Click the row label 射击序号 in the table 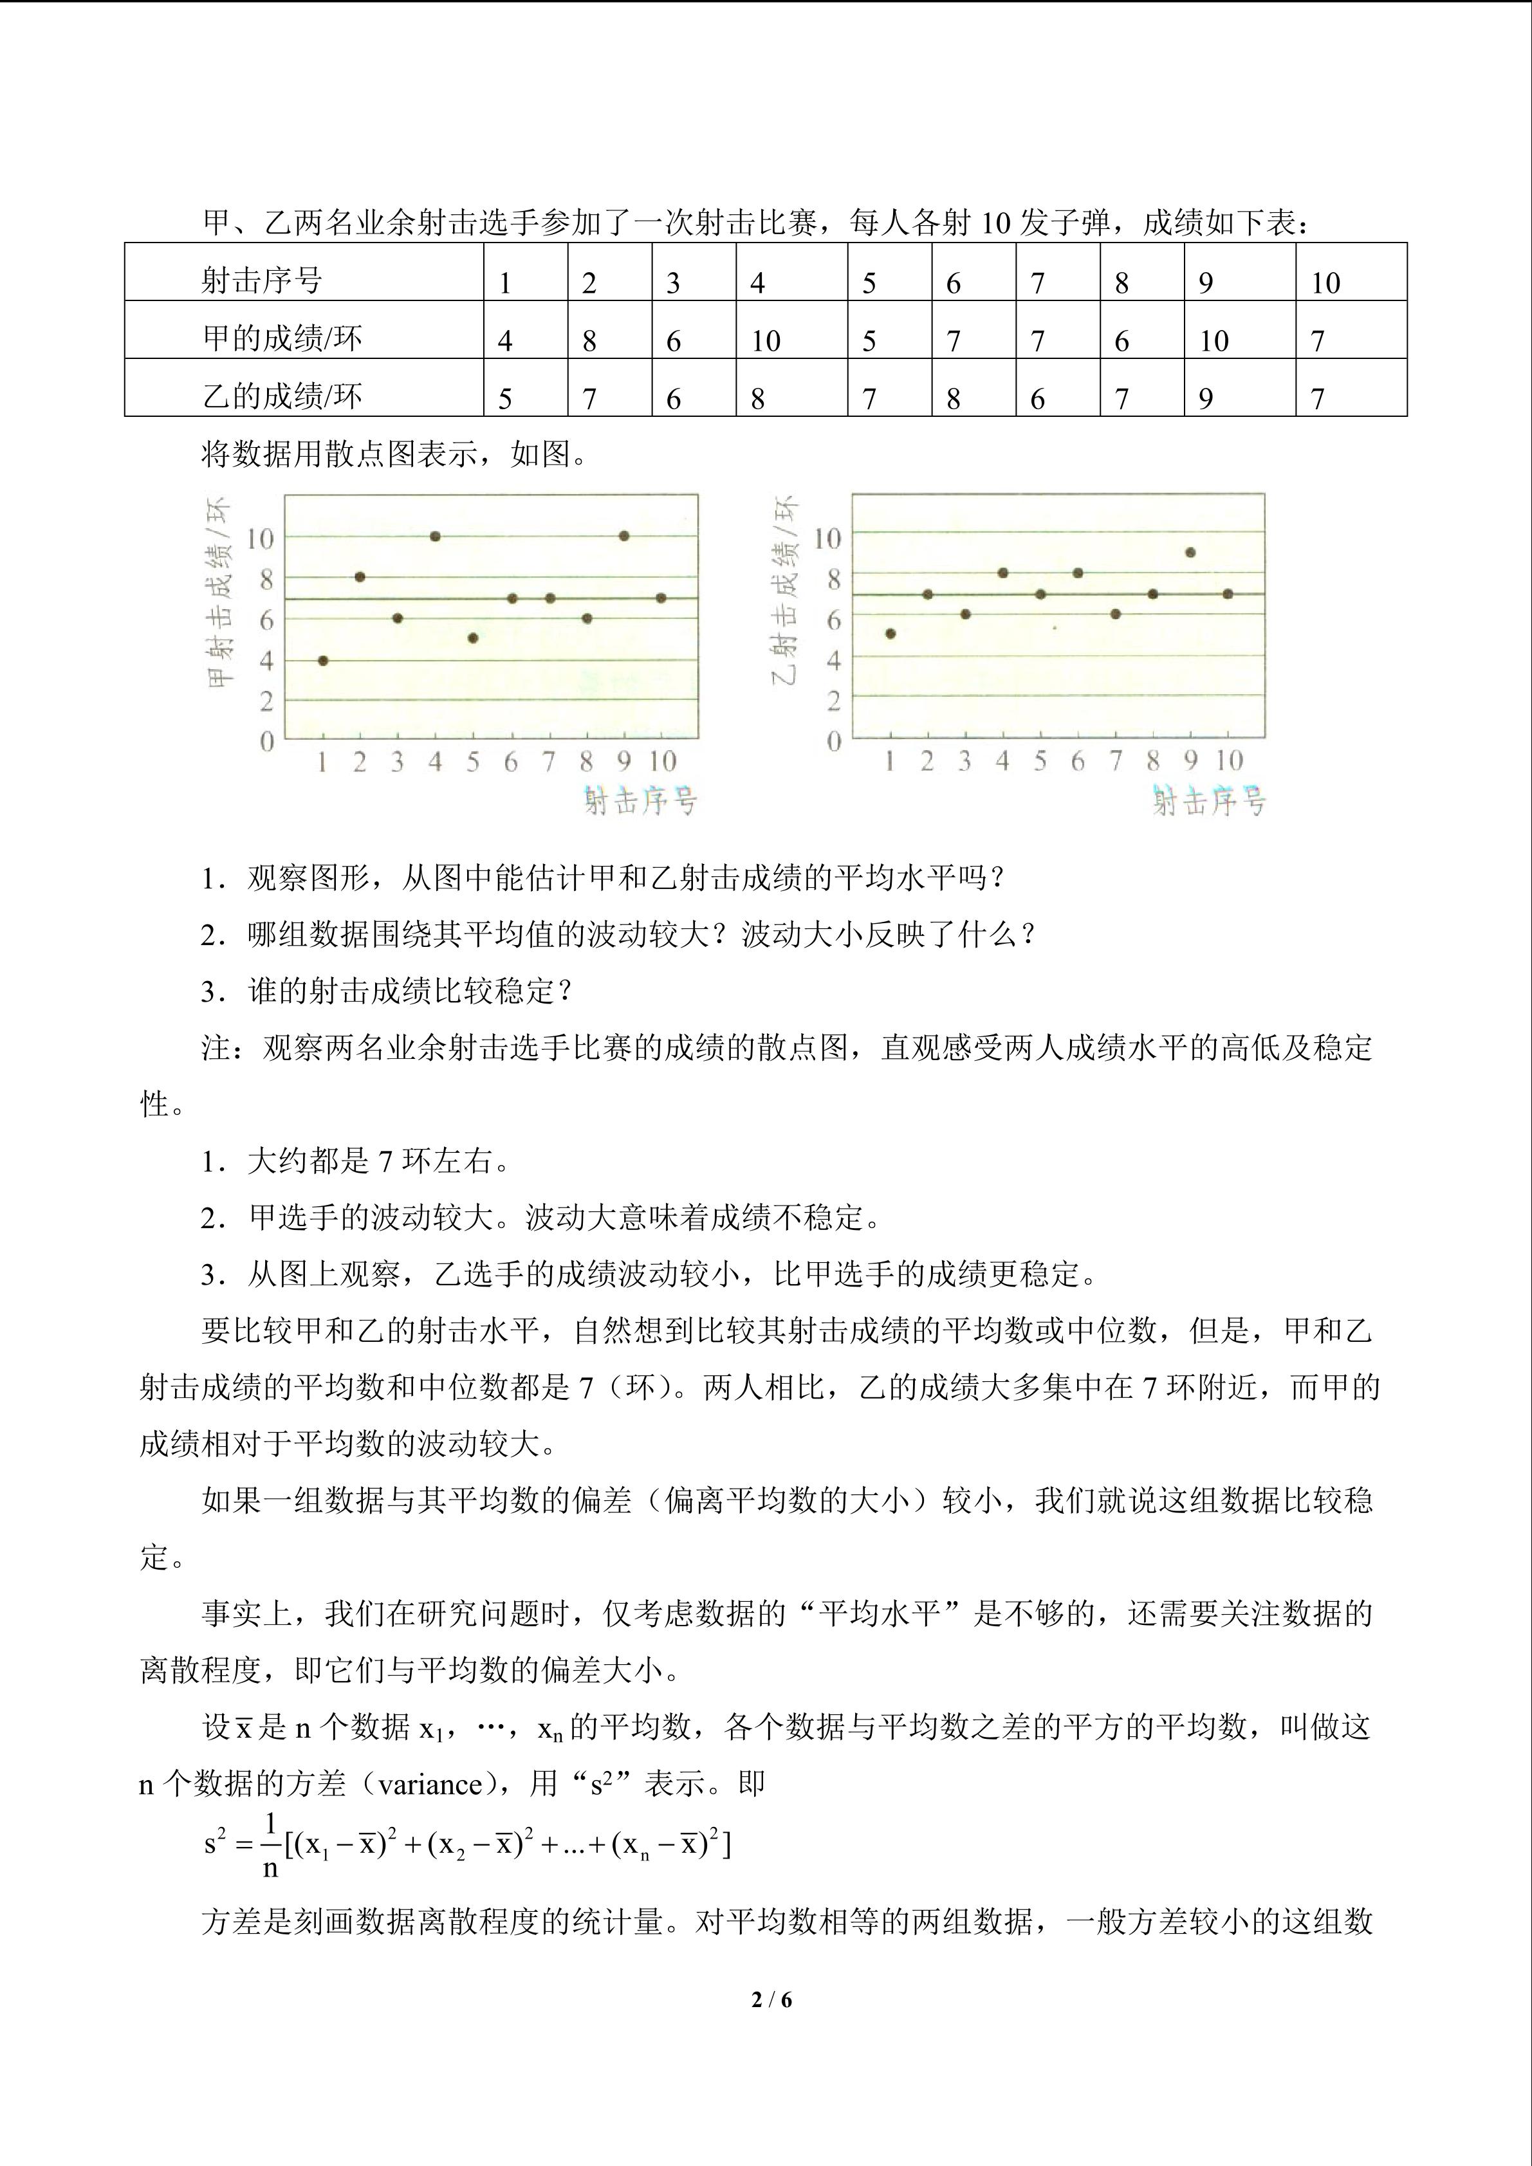[x=261, y=280]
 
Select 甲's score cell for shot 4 [x=766, y=340]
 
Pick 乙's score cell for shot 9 [x=1206, y=399]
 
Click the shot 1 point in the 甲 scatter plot [x=322, y=661]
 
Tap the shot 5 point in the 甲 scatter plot [x=473, y=638]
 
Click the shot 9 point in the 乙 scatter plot [x=1190, y=553]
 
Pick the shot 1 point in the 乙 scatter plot [x=891, y=634]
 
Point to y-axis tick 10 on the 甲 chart [x=261, y=538]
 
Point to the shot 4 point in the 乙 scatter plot [x=1002, y=573]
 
